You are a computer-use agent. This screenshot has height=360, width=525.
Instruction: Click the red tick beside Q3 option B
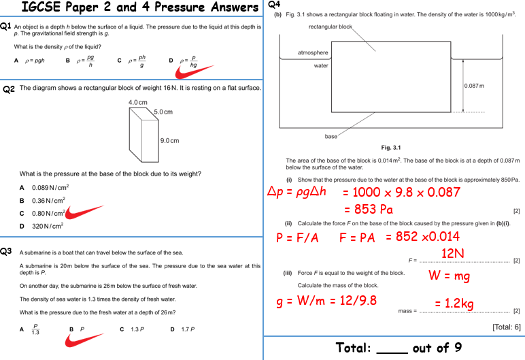click(x=84, y=338)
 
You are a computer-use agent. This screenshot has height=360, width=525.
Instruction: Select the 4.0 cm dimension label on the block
click(x=138, y=103)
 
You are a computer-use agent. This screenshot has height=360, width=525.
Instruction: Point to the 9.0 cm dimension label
click(x=169, y=141)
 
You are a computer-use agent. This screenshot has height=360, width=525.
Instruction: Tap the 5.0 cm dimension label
click(x=163, y=112)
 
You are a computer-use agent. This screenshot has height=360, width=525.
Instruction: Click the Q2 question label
click(x=8, y=89)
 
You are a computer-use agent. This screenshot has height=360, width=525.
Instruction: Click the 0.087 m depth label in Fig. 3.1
click(x=474, y=85)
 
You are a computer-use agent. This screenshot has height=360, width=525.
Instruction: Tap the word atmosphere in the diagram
click(x=313, y=52)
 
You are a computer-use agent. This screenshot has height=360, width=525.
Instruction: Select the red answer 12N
click(x=452, y=253)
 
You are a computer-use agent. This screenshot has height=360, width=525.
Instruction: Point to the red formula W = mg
click(x=449, y=276)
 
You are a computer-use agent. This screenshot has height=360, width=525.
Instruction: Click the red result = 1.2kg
click(x=454, y=304)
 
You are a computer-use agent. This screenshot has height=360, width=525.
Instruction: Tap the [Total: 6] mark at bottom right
click(x=506, y=327)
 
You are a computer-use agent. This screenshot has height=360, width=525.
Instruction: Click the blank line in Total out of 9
click(x=391, y=349)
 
